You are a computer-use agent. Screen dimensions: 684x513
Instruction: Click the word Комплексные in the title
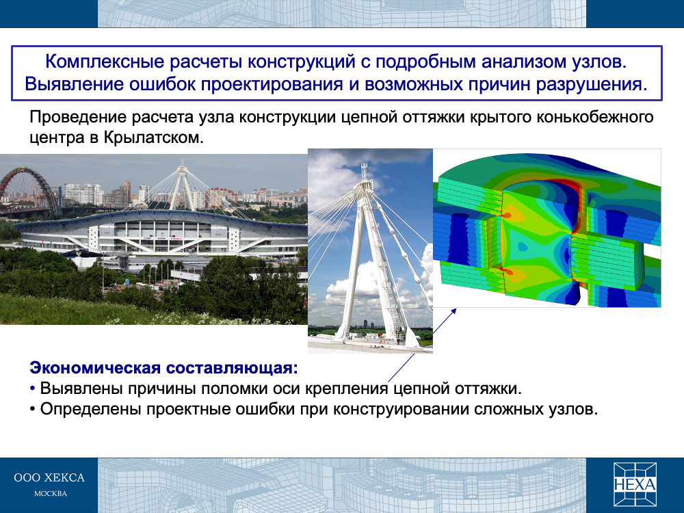(x=104, y=62)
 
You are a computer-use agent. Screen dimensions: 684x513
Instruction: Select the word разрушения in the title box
(x=592, y=84)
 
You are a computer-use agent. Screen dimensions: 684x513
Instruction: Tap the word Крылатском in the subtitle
(x=153, y=138)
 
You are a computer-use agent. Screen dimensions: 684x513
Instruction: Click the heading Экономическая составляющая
(x=164, y=368)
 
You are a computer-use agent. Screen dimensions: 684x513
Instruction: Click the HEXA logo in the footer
(x=635, y=484)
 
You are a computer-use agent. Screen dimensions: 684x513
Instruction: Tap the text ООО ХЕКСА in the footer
(x=49, y=477)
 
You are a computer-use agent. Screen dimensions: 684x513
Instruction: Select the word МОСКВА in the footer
(x=51, y=494)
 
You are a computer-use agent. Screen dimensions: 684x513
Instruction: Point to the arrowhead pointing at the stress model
(x=453, y=311)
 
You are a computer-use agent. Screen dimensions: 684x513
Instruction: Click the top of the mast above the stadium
(x=182, y=161)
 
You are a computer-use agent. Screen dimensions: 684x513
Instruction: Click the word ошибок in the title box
(x=162, y=84)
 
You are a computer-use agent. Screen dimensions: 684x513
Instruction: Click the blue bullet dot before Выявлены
(x=32, y=389)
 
